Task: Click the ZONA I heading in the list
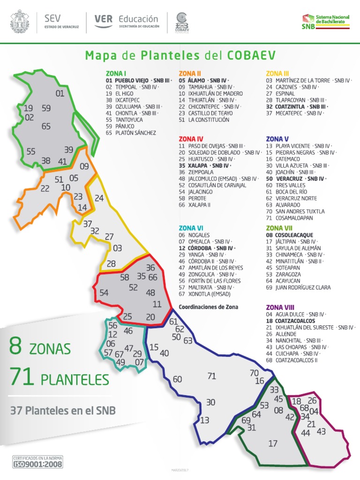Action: [116, 74]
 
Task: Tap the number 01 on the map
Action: [60, 93]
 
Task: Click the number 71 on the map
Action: [212, 376]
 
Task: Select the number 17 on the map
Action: [273, 443]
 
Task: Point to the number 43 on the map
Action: [321, 431]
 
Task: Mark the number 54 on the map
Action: [104, 293]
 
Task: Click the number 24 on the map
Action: [99, 198]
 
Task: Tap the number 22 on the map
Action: [45, 189]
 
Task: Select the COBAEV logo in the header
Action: [183, 22]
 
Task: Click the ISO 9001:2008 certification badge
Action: [37, 461]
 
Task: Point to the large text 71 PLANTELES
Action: [59, 378]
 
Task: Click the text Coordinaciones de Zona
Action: [208, 307]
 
